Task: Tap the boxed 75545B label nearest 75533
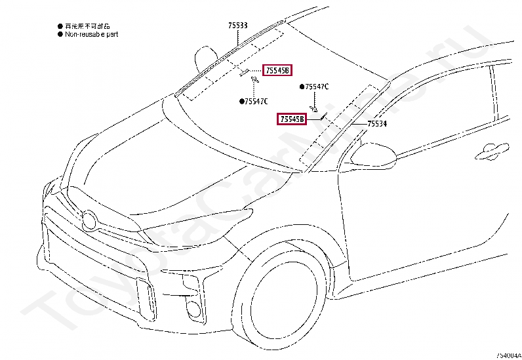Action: [276, 70]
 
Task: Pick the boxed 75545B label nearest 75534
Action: [292, 119]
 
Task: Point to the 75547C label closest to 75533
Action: [256, 101]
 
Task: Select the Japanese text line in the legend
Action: [89, 24]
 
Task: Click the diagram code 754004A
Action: [508, 355]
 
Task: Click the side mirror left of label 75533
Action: [204, 58]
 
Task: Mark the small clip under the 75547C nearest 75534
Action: [314, 107]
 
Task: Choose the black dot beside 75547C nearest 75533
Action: [242, 101]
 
